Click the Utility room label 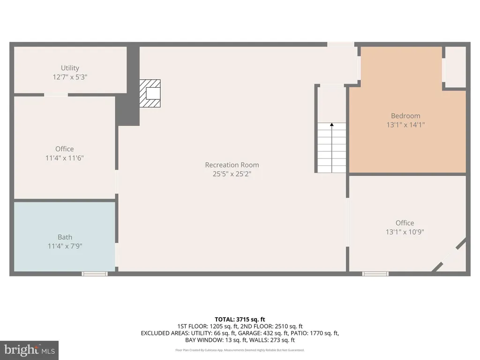coord(70,68)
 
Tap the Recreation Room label coord(232,165)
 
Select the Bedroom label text coord(405,116)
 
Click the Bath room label coord(65,237)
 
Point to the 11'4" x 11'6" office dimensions coord(65,158)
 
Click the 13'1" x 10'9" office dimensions coord(405,232)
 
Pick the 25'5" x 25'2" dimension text coord(232,174)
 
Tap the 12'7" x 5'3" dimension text coord(70,77)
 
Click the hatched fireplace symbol coord(150,93)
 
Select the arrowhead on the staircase coord(332,125)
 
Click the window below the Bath coord(95,274)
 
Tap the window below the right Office coord(375,274)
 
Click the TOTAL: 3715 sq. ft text coord(240,320)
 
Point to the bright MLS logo coord(30,350)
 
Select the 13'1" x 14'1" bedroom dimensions coord(405,125)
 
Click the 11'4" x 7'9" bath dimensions coord(65,246)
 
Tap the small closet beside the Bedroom coord(456,67)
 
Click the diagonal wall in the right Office coord(449,255)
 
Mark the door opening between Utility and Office coord(56,95)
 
